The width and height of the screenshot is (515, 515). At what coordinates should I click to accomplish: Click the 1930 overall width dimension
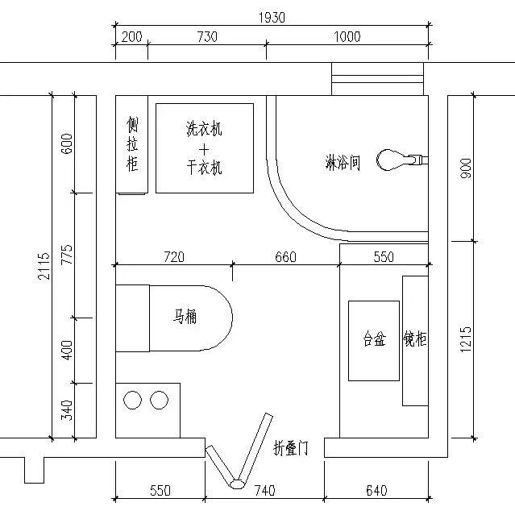coord(271,16)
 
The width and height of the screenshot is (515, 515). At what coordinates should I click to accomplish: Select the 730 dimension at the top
coord(206,37)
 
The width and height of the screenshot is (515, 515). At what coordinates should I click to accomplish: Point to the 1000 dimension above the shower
coord(347,37)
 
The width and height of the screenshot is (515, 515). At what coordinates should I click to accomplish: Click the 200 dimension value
coord(131,37)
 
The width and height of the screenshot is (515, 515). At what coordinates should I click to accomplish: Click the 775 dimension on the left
coord(67,255)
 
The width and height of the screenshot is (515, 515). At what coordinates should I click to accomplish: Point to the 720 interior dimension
coord(174,257)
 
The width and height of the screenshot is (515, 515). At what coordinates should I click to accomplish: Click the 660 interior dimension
coord(285,257)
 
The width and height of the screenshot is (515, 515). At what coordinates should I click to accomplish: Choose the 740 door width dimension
coord(264,490)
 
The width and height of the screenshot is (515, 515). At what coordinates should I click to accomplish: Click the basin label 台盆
coord(374,340)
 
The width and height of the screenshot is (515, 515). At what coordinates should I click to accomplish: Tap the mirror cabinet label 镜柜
coord(415,340)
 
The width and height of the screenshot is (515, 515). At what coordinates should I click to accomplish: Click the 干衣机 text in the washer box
coord(204,168)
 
